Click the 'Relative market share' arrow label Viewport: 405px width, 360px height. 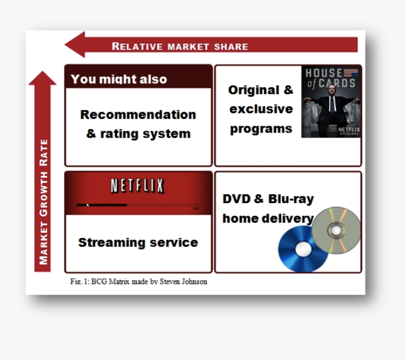point(179,46)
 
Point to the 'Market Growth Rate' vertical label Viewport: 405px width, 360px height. point(44,202)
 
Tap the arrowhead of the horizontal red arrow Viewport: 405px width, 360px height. point(75,45)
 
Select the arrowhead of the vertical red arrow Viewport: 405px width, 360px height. point(42,79)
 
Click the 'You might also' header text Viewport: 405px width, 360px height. point(119,79)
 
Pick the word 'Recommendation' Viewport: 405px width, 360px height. point(138,115)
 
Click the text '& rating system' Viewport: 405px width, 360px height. point(138,133)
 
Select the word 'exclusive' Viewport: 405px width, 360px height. point(261,109)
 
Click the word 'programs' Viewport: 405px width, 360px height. point(261,129)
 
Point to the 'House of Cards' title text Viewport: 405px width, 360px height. point(331,78)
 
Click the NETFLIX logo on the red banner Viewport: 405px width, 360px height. point(138,186)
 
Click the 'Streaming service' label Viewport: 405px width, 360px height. point(138,243)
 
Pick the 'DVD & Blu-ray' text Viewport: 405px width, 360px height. point(268,199)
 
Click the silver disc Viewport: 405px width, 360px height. point(336,230)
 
